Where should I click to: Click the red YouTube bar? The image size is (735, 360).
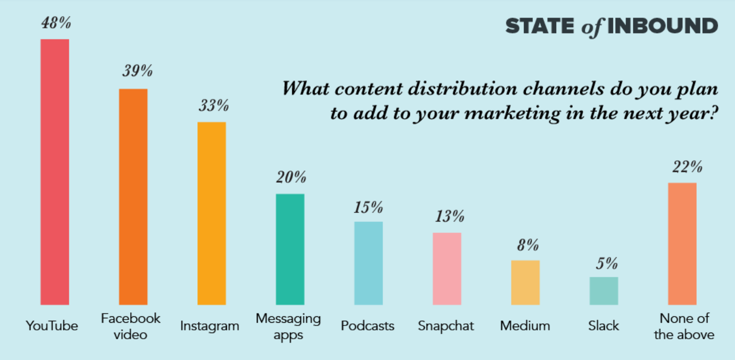pyautogui.click(x=55, y=172)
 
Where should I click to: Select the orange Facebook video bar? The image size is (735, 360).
pyautogui.click(x=133, y=196)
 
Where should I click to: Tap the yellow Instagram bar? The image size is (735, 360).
pyautogui.click(x=212, y=213)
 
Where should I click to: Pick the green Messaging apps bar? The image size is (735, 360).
pyautogui.click(x=290, y=249)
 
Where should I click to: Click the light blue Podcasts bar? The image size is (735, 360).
pyautogui.click(x=368, y=263)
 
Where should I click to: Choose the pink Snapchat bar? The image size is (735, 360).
pyautogui.click(x=447, y=268)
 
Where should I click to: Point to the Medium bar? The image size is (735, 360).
pyautogui.click(x=525, y=282)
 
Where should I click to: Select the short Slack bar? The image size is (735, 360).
pyautogui.click(x=604, y=291)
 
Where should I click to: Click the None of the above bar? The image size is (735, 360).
pyautogui.click(x=682, y=243)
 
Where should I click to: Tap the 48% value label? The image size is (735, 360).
pyautogui.click(x=56, y=24)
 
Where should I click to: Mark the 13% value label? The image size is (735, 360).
pyautogui.click(x=449, y=216)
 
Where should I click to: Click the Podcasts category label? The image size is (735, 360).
pyautogui.click(x=367, y=326)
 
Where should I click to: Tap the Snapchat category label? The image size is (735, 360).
pyautogui.click(x=446, y=326)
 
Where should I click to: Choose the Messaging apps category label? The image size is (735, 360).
pyautogui.click(x=288, y=326)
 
